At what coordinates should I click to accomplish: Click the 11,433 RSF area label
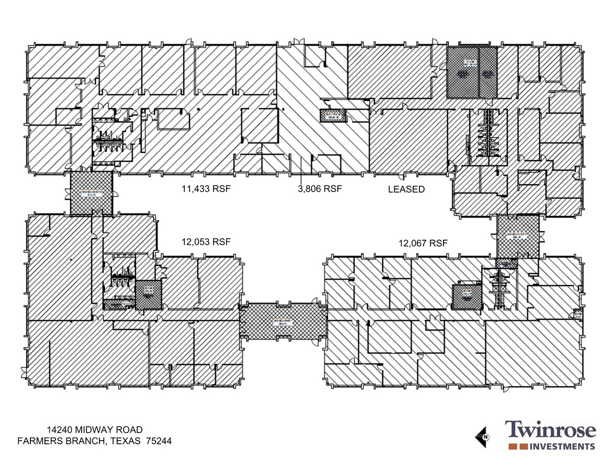(206, 189)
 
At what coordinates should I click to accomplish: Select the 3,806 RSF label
(319, 189)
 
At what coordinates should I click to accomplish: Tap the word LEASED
(406, 189)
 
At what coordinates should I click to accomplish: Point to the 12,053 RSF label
(206, 242)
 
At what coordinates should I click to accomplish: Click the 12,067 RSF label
(423, 243)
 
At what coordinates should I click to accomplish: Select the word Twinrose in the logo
(550, 430)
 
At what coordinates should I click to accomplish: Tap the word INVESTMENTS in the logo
(563, 446)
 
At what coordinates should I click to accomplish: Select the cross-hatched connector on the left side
(91, 193)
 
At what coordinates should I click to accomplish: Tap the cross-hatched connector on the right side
(517, 236)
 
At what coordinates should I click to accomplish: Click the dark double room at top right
(471, 73)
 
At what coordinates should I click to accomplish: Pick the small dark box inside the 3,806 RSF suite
(333, 116)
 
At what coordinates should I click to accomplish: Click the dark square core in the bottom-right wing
(467, 297)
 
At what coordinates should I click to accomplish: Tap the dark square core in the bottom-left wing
(148, 295)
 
